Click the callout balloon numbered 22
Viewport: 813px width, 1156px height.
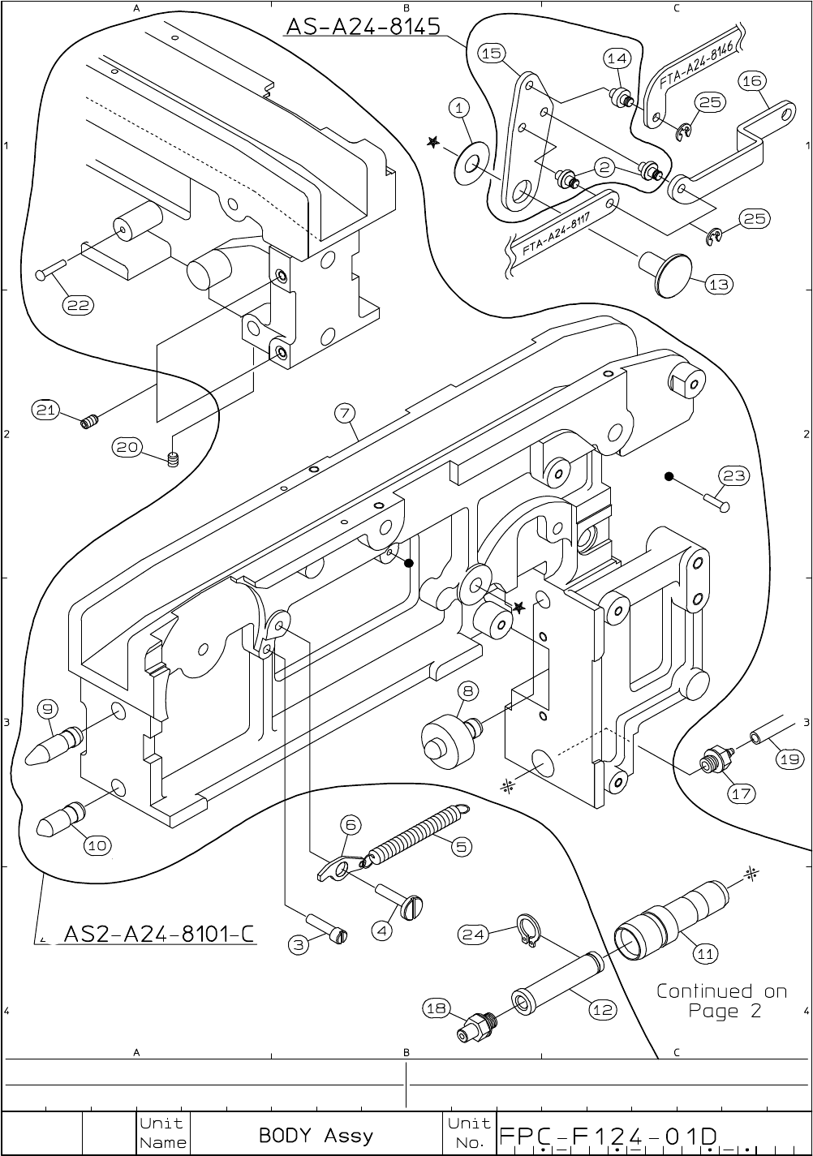click(x=79, y=305)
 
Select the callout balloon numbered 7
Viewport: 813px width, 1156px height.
click(x=345, y=413)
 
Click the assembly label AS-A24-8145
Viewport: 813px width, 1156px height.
click(x=363, y=27)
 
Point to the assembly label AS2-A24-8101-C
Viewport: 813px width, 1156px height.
click(x=159, y=935)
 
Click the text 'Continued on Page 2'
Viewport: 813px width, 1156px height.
click(x=721, y=1001)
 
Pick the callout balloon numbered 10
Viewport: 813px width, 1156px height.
click(x=97, y=845)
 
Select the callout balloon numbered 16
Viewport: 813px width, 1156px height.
click(x=751, y=80)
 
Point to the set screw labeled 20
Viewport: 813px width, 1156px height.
click(x=172, y=461)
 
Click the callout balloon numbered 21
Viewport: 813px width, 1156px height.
click(x=45, y=410)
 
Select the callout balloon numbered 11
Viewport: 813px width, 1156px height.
click(x=706, y=954)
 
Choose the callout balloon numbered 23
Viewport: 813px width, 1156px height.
click(x=734, y=476)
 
